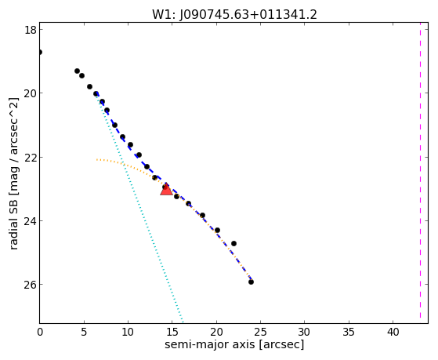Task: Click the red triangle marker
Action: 166,191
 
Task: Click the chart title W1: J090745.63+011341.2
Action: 234,15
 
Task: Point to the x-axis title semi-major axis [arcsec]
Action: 234,344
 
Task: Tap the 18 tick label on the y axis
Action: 31,30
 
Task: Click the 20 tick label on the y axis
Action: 31,93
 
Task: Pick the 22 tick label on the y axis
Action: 31,157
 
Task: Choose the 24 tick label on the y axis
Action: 31,221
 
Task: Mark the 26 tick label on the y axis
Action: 31,285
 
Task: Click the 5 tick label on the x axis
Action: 84,333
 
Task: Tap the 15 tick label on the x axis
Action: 172,333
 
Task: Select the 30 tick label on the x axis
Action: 305,333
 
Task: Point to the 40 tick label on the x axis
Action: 393,333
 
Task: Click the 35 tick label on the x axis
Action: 349,333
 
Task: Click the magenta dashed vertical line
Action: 420,173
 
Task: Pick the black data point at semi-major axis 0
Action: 40,52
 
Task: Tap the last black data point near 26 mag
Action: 251,282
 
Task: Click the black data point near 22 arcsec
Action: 233,243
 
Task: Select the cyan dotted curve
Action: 139,207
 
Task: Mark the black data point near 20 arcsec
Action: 217,231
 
